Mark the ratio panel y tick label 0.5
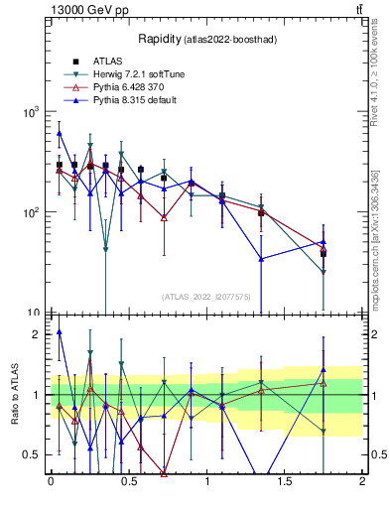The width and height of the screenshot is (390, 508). coord(33,454)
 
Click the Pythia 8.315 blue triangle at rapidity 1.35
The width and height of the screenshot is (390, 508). coord(261,259)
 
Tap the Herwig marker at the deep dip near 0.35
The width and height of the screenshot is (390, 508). coord(105,249)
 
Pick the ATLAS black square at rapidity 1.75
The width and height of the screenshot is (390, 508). coord(324,254)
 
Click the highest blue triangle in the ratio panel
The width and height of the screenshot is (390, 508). coord(59,332)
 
